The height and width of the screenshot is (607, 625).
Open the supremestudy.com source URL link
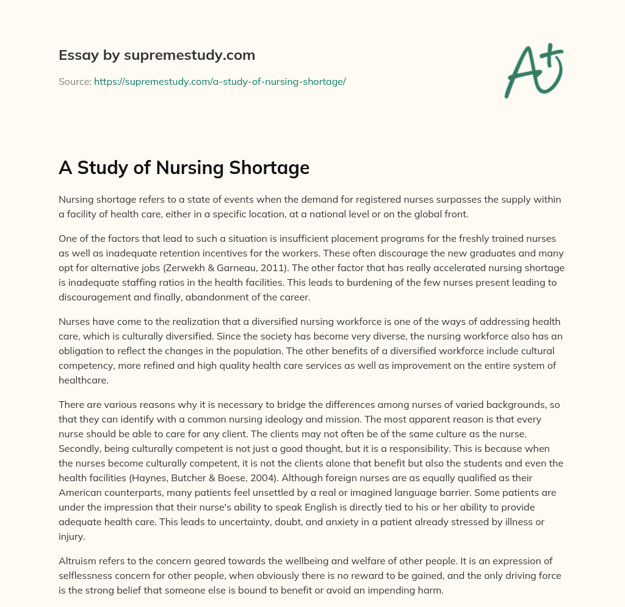pyautogui.click(x=220, y=81)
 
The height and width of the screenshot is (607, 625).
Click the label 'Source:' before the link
pyautogui.click(x=74, y=81)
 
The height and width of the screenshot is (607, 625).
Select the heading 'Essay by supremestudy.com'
pyautogui.click(x=156, y=56)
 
